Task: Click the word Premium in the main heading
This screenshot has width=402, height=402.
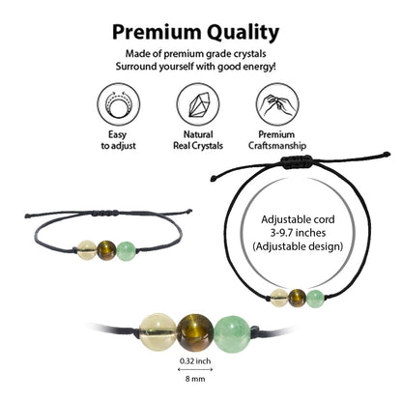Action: [157, 33]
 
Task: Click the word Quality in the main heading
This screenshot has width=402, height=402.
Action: [243, 33]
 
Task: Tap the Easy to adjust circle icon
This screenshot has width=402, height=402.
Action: [118, 104]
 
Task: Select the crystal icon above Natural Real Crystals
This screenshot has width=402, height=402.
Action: [198, 104]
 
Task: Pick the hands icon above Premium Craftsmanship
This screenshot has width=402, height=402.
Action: [277, 104]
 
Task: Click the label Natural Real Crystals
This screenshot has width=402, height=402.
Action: [198, 140]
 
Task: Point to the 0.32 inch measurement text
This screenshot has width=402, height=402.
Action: [195, 360]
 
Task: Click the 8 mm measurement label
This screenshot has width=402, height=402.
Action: [195, 379]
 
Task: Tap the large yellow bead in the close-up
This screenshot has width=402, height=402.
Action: [158, 332]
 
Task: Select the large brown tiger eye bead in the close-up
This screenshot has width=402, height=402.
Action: [195, 332]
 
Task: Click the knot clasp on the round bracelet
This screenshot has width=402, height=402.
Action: [297, 160]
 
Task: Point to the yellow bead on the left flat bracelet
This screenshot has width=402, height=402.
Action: [87, 250]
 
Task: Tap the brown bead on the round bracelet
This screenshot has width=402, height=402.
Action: [297, 298]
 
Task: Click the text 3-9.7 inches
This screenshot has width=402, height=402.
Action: [298, 233]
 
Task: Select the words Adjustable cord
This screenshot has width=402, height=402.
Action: [298, 219]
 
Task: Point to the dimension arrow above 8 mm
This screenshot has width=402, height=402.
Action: [195, 369]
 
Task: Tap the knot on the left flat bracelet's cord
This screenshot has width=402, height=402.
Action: [106, 213]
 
